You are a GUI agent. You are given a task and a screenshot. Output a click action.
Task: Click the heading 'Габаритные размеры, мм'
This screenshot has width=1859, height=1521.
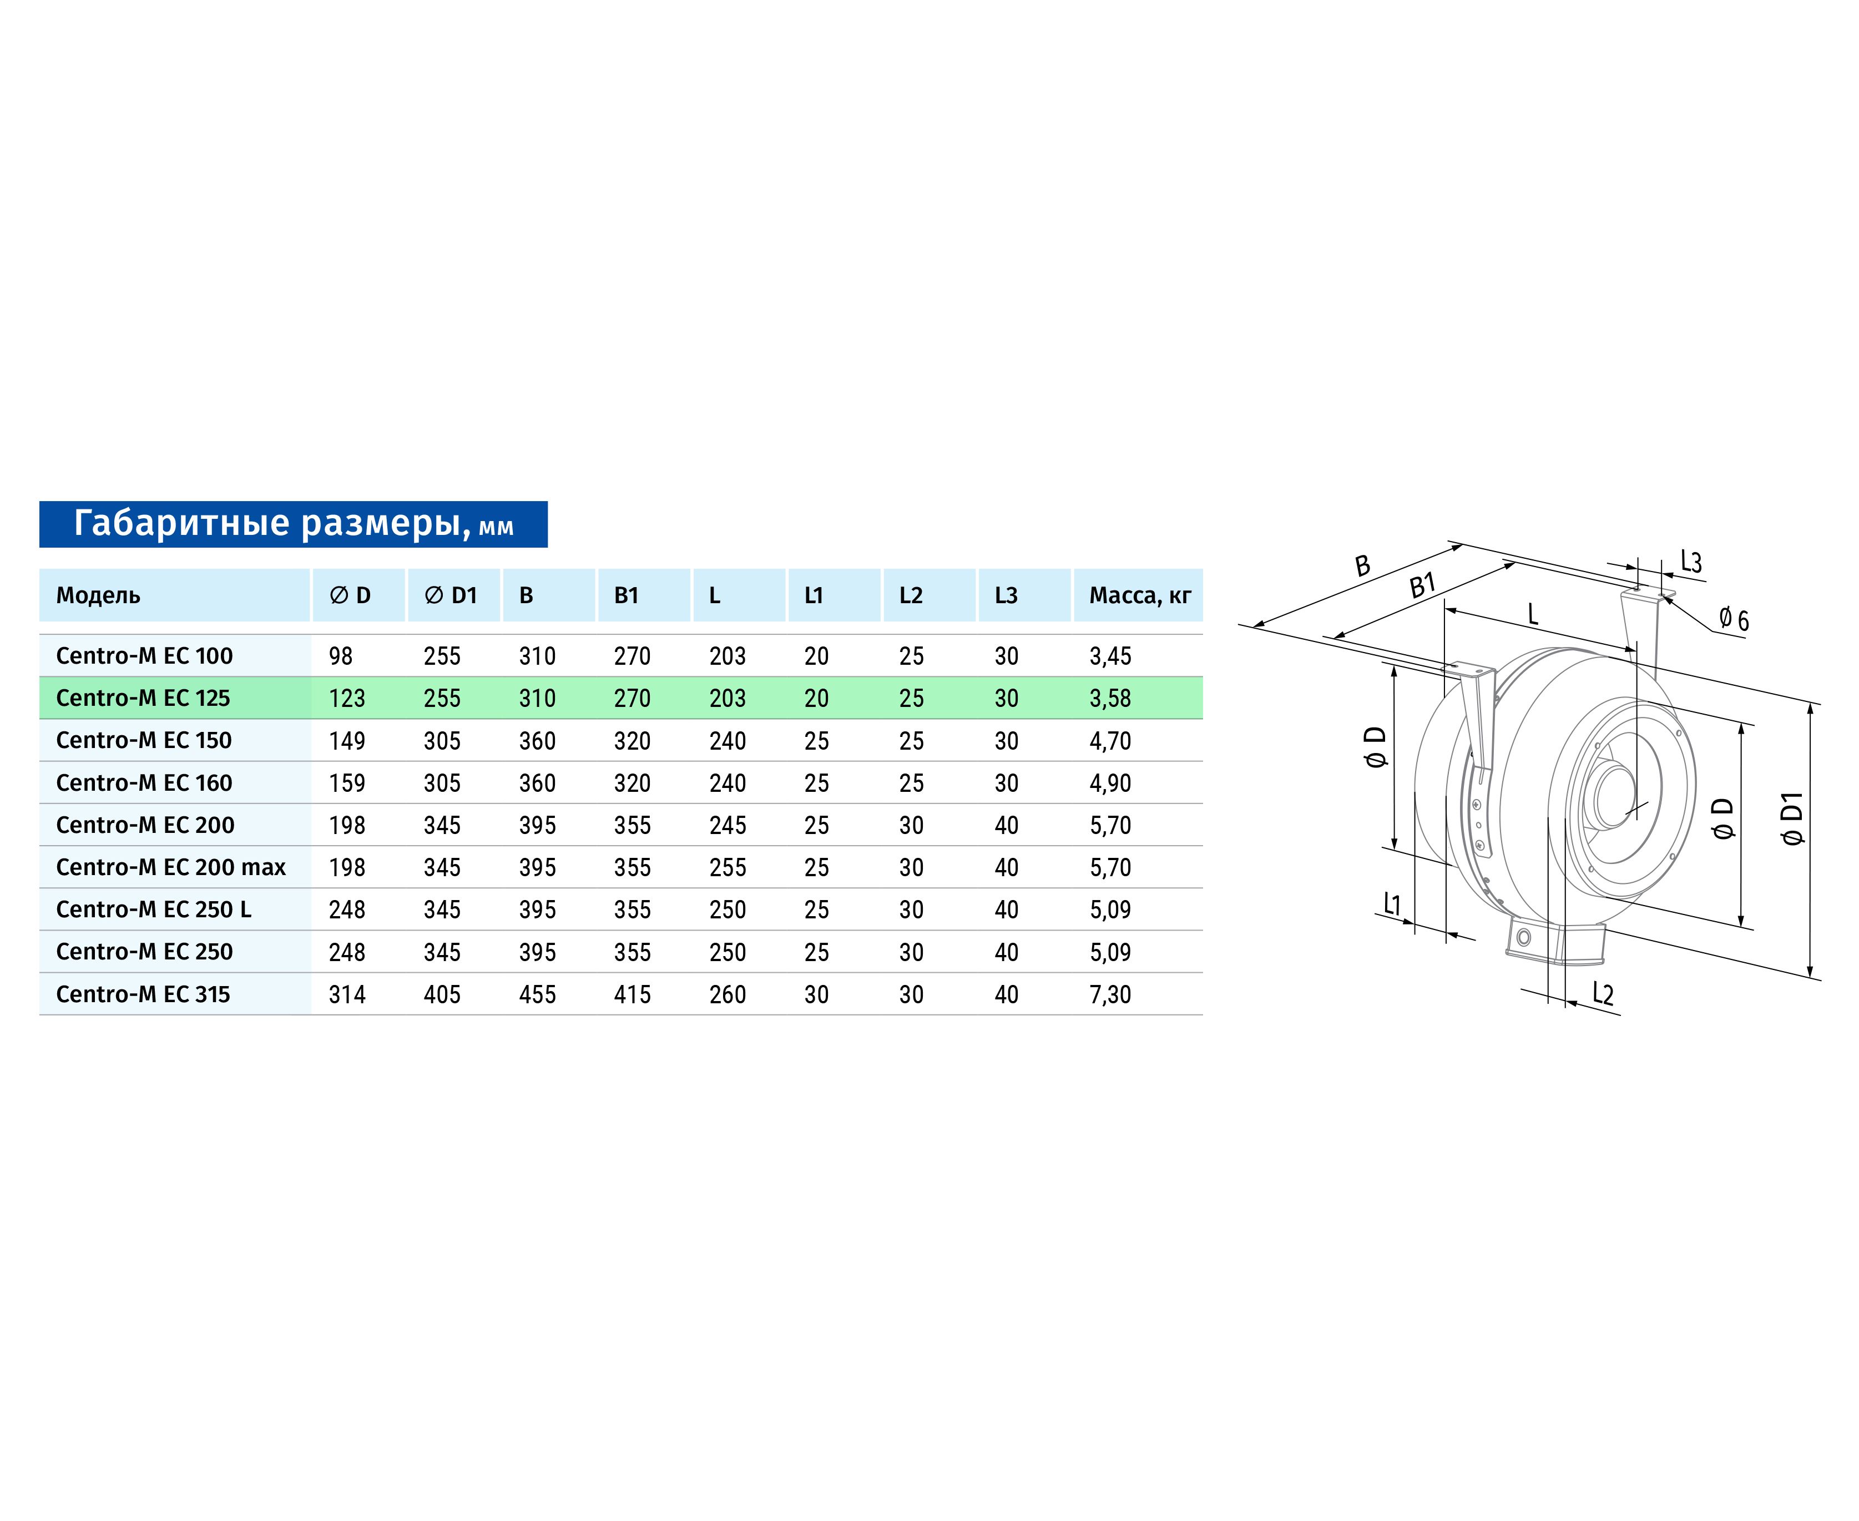[294, 524]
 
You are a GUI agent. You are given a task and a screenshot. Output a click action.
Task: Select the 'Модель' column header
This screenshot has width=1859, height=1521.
[98, 596]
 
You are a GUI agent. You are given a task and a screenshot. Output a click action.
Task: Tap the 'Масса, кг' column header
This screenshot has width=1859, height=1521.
[1140, 596]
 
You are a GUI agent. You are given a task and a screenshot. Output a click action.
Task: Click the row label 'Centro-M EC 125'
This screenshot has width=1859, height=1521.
[143, 698]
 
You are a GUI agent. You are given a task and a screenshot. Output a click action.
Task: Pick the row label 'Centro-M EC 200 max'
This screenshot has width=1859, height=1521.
[171, 867]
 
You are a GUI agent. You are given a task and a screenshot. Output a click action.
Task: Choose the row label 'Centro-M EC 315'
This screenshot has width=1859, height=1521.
[143, 994]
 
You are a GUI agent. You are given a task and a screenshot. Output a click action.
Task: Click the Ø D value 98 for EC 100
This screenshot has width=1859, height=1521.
[341, 656]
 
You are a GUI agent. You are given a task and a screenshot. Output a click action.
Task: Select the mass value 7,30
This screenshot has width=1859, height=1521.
[1110, 994]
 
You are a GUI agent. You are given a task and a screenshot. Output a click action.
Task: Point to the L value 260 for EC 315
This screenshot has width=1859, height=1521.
[727, 994]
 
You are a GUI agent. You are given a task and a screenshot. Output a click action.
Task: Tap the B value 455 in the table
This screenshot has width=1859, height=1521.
[537, 994]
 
